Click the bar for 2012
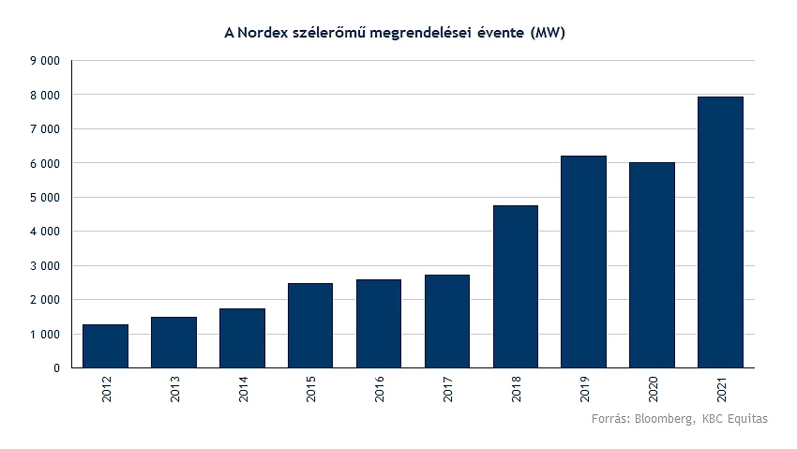click(105, 346)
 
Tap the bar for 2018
click(516, 286)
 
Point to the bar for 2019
click(583, 262)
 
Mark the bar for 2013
click(173, 342)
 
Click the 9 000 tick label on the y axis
click(44, 61)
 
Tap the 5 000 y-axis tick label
click(44, 198)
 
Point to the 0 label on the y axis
click(56, 368)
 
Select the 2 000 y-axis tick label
click(44, 300)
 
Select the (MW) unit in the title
click(549, 34)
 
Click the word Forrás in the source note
click(610, 419)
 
